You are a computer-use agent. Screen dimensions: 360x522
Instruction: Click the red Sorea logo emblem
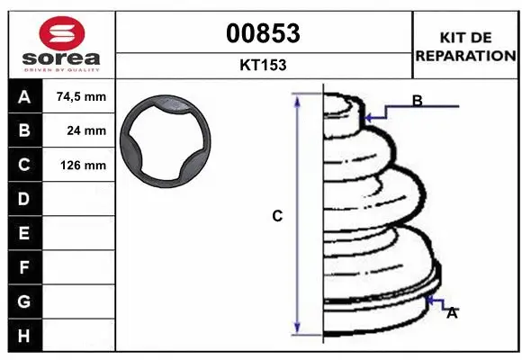pyautogui.click(x=61, y=35)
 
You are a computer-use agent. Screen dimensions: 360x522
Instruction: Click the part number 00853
pyautogui.click(x=263, y=33)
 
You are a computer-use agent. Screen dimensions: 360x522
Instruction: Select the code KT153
pyautogui.click(x=263, y=65)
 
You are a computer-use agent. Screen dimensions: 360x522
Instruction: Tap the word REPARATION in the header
pyautogui.click(x=465, y=56)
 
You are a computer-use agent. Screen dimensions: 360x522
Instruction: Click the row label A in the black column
pyautogui.click(x=23, y=96)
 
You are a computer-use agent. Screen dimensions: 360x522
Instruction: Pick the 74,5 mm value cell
pyautogui.click(x=80, y=96)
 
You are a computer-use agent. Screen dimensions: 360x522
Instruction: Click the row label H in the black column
pyautogui.click(x=23, y=336)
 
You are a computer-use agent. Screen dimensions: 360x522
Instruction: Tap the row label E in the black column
pyautogui.click(x=23, y=233)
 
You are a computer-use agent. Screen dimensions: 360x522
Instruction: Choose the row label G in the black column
pyautogui.click(x=23, y=301)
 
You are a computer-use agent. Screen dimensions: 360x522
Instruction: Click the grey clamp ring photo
pyautogui.click(x=169, y=142)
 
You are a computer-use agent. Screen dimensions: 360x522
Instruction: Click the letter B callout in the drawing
pyautogui.click(x=417, y=101)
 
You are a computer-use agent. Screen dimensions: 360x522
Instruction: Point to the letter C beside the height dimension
pyautogui.click(x=277, y=216)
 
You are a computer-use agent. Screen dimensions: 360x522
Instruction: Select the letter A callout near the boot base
pyautogui.click(x=452, y=313)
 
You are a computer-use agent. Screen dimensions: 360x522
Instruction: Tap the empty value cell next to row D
pyautogui.click(x=80, y=199)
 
